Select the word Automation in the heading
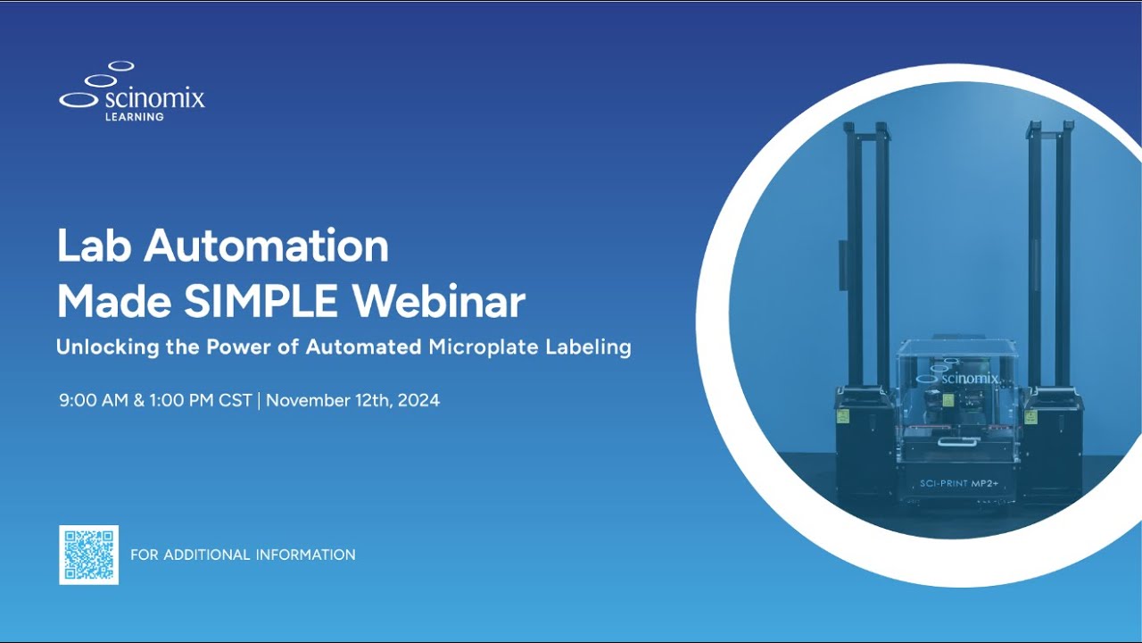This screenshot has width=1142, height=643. pos(267,246)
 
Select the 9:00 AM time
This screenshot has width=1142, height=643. pos(94,400)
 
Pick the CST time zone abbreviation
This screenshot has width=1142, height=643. pos(236,400)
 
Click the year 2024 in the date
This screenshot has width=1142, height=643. pos(418,400)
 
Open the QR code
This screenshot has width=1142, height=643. pos(88,555)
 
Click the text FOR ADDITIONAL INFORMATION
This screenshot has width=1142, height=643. pos(243,555)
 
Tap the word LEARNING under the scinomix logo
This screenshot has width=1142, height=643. pos(135,117)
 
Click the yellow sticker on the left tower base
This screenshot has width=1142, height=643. pos(842,416)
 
